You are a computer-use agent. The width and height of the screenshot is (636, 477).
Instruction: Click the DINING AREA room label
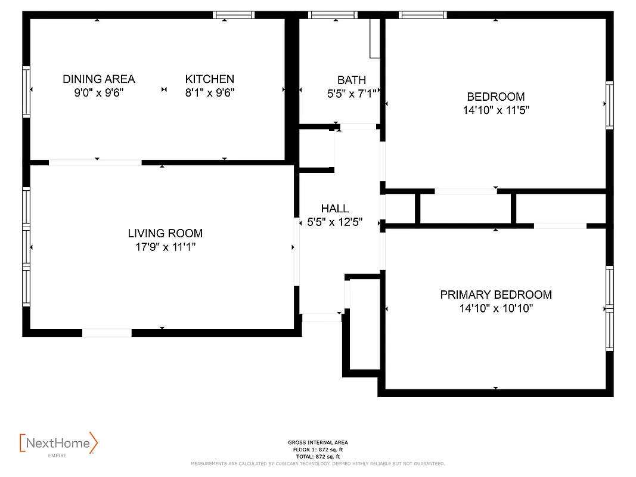[99, 79]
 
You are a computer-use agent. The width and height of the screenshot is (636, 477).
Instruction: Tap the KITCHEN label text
[210, 79]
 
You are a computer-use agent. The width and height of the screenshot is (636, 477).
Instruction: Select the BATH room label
[352, 80]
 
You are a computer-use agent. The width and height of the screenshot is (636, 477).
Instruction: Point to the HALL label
[335, 209]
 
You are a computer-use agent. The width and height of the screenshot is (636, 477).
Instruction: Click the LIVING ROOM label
[165, 233]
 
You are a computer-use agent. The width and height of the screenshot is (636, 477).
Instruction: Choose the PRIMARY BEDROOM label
[496, 295]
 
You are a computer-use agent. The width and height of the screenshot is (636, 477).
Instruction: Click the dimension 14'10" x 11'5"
[496, 110]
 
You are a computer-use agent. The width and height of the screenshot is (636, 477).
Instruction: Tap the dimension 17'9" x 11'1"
[165, 247]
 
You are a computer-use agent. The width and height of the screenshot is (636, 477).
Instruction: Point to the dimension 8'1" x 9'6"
[210, 93]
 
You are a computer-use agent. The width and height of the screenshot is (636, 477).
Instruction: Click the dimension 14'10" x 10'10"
[496, 309]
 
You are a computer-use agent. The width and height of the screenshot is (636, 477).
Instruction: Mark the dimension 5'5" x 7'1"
[352, 94]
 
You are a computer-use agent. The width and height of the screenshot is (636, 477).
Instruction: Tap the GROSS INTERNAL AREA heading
[318, 442]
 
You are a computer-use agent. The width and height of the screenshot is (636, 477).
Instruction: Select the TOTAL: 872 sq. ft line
[318, 456]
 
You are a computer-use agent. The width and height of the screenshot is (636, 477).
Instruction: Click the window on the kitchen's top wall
[234, 15]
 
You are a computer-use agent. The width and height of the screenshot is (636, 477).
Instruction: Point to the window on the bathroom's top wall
[333, 15]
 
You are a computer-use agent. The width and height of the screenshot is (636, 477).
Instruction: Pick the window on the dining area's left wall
[26, 91]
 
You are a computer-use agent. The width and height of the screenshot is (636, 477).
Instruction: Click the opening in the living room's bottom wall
[107, 333]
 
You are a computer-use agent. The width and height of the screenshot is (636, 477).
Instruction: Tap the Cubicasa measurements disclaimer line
[318, 463]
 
